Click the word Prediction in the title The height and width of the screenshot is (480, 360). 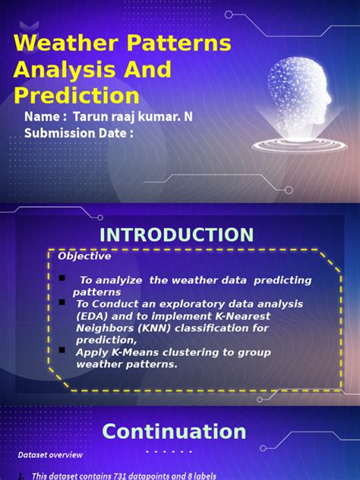(x=77, y=96)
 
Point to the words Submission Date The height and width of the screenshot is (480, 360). (x=79, y=134)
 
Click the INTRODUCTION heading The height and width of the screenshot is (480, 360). (x=177, y=235)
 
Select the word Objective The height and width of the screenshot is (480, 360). (x=84, y=256)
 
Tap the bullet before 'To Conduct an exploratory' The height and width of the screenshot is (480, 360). (x=62, y=302)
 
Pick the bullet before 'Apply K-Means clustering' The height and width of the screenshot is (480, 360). (x=62, y=351)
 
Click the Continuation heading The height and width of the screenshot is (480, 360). (x=174, y=432)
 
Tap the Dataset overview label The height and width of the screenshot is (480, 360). (x=51, y=455)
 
